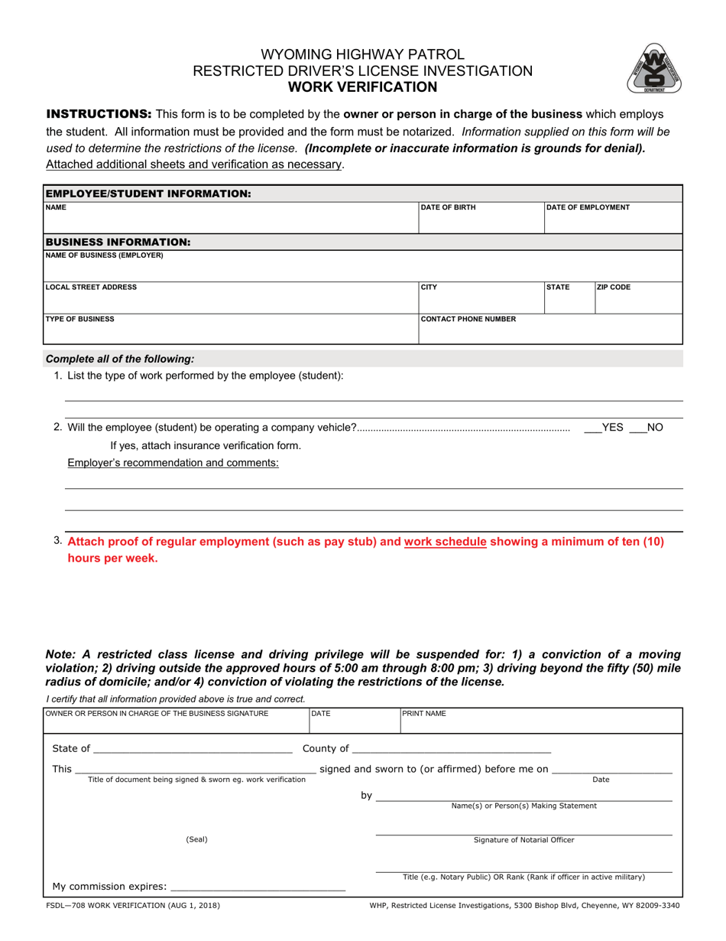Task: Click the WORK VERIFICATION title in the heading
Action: tap(362, 87)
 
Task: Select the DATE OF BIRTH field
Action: tap(480, 221)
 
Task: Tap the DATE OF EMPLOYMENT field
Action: tap(613, 221)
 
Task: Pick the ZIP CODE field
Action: tap(638, 301)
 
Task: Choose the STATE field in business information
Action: tap(569, 301)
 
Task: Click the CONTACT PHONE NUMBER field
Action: tap(550, 333)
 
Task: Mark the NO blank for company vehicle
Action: tap(637, 428)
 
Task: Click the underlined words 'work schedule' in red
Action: tap(445, 542)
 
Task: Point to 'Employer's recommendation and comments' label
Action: tap(173, 463)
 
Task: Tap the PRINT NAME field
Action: tap(540, 723)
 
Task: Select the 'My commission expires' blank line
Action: tap(258, 887)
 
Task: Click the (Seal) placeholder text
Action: tap(196, 839)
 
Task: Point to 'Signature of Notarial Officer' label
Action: tap(524, 840)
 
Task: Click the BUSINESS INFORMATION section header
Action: tap(118, 242)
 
